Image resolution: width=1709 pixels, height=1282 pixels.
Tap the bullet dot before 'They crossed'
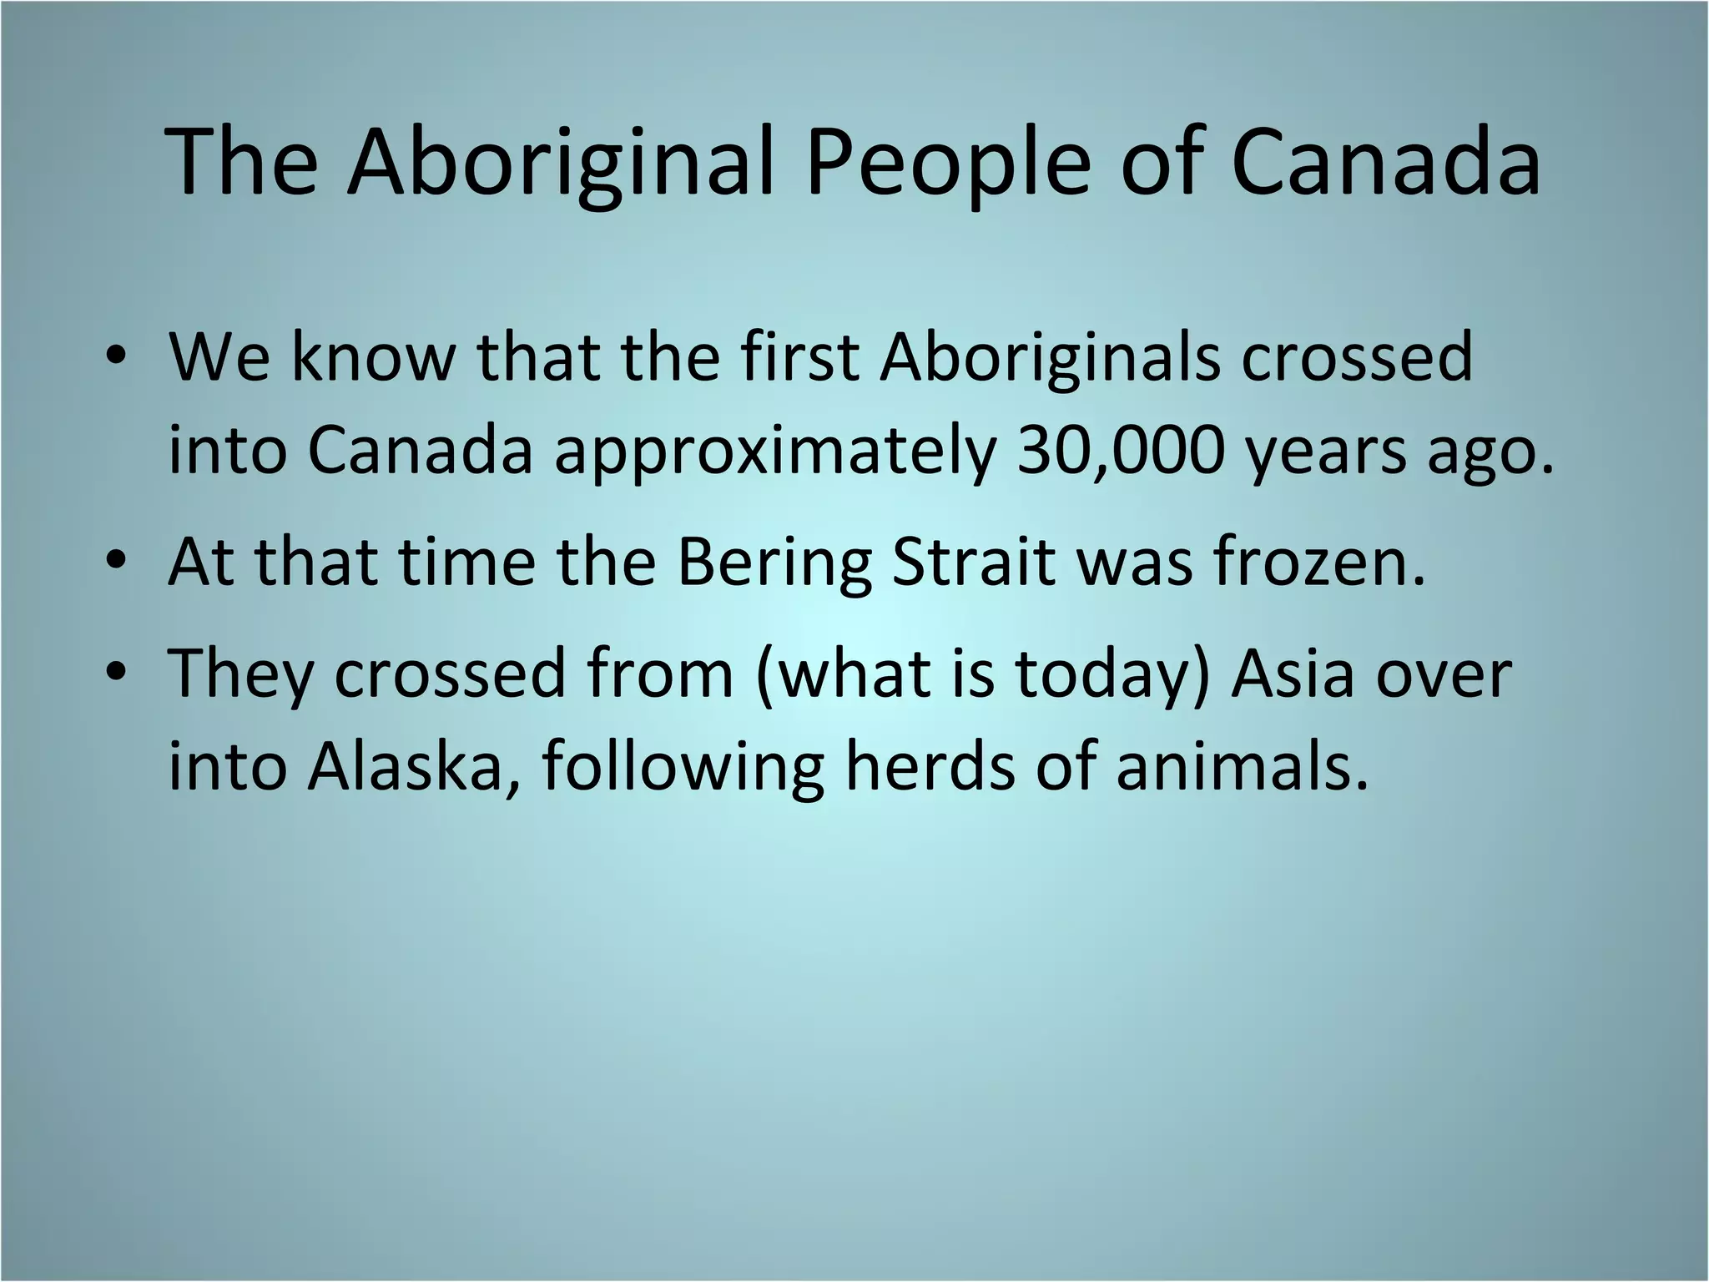116,674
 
